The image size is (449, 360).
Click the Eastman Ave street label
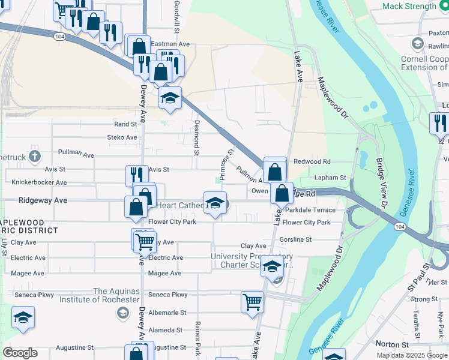(x=170, y=44)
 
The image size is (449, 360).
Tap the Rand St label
(x=125, y=124)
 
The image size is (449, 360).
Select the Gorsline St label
(x=295, y=239)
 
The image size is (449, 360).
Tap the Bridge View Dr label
(x=382, y=179)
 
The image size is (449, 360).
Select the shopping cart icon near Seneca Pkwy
(x=252, y=302)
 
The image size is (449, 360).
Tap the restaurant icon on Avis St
(x=136, y=175)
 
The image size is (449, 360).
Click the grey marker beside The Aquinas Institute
(x=122, y=312)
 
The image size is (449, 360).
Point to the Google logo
(x=20, y=353)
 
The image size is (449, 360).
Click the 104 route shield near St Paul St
(x=400, y=227)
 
